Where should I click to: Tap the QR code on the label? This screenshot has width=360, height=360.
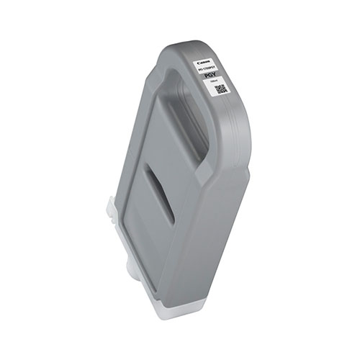tap(222, 89)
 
